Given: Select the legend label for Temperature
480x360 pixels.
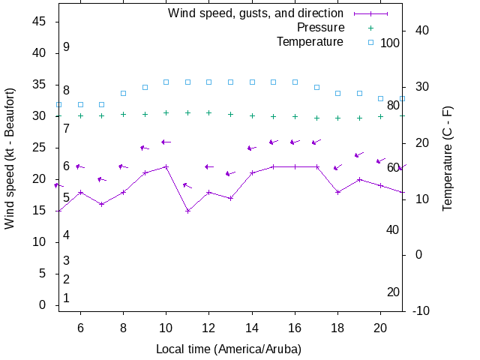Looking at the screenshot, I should pos(310,42).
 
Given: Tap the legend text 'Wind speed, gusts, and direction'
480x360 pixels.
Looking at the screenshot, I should pos(255,13).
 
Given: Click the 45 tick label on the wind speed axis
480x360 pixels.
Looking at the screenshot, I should pos(41,22).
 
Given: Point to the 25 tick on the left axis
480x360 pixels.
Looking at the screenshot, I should pos(41,148).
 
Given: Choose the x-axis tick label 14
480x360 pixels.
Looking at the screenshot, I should pos(252,327).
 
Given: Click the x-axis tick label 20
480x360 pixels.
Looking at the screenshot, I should pos(381,327).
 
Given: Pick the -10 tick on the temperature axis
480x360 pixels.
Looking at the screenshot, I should pos(420,310).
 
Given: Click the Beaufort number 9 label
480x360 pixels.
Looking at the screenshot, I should pos(67,47).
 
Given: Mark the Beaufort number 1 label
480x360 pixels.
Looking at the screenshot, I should pos(67,298).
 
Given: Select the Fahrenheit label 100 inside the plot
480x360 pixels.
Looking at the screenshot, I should pos(390,43).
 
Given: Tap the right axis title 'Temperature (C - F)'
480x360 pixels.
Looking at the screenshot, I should pos(448,157).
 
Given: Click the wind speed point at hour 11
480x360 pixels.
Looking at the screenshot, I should pos(188,211).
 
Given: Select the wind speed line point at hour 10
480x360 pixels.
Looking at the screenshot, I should pos(166,166).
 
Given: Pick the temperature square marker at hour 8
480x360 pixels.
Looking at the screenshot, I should pos(124,93).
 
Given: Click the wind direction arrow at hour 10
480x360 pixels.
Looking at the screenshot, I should pos(166,142).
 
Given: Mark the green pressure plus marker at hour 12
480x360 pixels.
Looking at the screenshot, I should pos(209,112).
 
